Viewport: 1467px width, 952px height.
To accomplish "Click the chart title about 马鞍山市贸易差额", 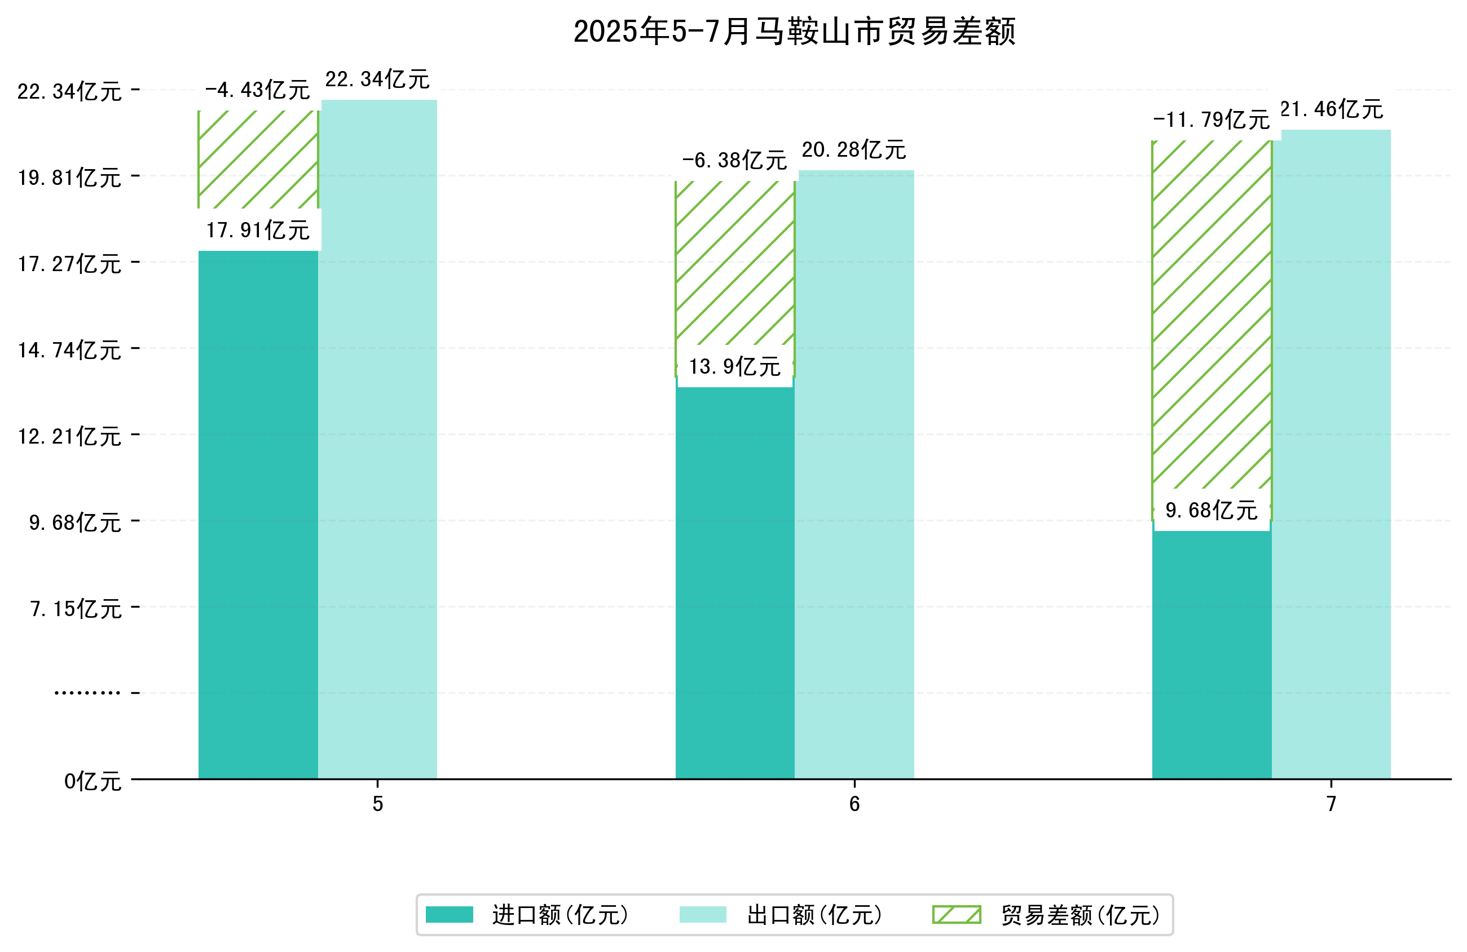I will pyautogui.click(x=794, y=32).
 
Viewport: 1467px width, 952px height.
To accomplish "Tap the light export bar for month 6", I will pyautogui.click(x=854, y=475).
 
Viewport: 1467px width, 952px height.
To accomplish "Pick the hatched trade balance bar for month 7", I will pyautogui.click(x=1211, y=315).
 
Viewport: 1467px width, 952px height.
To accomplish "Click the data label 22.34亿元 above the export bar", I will pyautogui.click(x=377, y=79).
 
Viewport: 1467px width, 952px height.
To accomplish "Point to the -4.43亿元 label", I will pyautogui.click(x=257, y=91).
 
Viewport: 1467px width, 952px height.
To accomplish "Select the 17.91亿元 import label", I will pyautogui.click(x=258, y=231).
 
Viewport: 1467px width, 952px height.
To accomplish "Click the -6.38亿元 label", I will pyautogui.click(x=734, y=161).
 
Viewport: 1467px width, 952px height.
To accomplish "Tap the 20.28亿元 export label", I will pyautogui.click(x=854, y=150).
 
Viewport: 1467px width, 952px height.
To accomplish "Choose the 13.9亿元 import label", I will pyautogui.click(x=735, y=367).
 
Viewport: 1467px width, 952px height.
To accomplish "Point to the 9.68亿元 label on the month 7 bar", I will pyautogui.click(x=1211, y=511).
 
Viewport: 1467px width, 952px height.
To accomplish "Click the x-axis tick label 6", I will pyautogui.click(x=854, y=804).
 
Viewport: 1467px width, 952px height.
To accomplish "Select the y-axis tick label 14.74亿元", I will pyautogui.click(x=69, y=351).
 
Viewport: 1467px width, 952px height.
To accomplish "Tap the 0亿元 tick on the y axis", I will pyautogui.click(x=92, y=782).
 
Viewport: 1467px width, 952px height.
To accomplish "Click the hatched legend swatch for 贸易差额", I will pyautogui.click(x=956, y=915).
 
